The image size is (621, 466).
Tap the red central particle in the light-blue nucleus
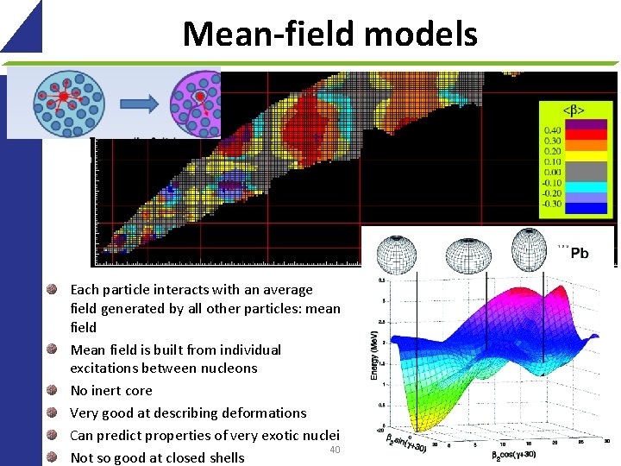(x=63, y=96)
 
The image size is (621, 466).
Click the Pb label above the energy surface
(x=580, y=253)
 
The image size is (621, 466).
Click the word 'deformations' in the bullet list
(x=264, y=412)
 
